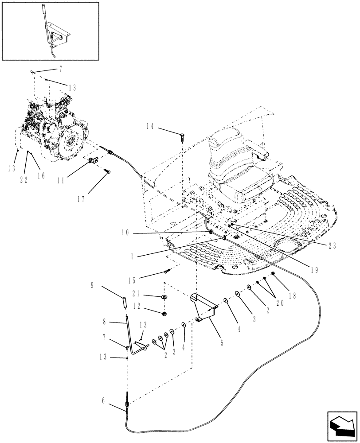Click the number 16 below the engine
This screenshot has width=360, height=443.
point(41,176)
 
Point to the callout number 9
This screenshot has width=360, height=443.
point(93,286)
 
